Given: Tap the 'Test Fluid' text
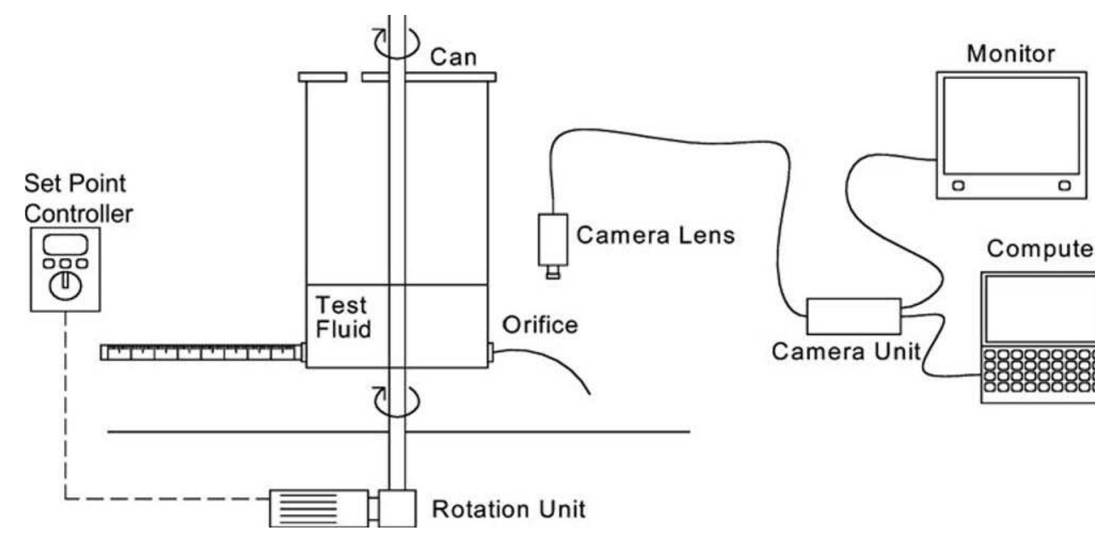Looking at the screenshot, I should coord(343,317).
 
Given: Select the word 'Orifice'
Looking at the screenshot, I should coord(540,326).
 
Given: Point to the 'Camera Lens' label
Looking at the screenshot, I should coord(655,235).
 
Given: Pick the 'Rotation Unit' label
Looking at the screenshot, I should coord(509,510).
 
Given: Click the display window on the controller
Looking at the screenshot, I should coord(65,243).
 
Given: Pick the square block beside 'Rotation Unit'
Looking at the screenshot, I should coord(397,508).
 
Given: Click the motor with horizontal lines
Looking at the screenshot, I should coord(317,508).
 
